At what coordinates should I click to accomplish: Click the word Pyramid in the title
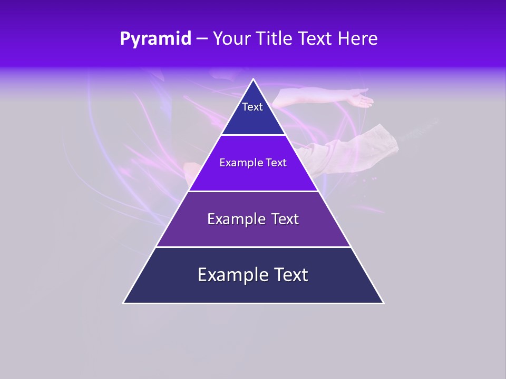[155, 39]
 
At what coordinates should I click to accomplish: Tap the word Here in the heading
[358, 39]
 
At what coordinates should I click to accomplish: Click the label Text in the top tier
[252, 107]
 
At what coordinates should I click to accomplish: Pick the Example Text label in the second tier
[253, 163]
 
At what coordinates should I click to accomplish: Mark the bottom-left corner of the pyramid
[124, 303]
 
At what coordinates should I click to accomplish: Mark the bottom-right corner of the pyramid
[383, 303]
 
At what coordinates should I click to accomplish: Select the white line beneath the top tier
[254, 135]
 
